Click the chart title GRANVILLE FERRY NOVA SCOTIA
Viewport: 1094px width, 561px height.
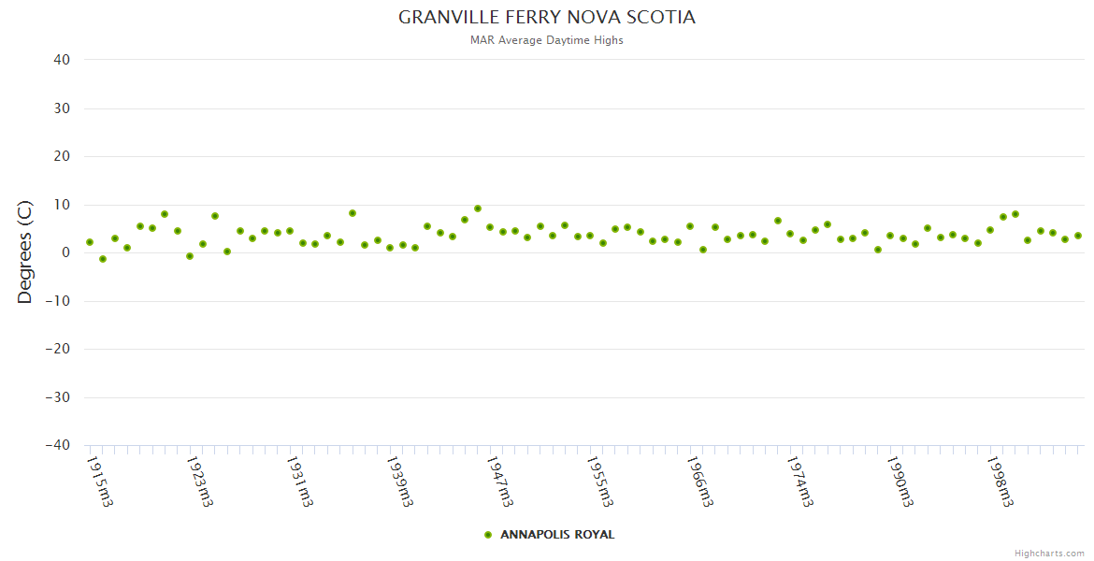point(547,18)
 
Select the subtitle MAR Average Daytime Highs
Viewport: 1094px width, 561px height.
point(547,40)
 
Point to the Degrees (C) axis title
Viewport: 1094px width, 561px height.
point(25,252)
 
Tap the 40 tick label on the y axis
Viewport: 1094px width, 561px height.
point(62,60)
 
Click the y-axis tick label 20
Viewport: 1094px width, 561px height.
point(62,156)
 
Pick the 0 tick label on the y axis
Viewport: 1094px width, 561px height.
point(66,252)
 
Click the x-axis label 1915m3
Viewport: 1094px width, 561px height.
point(100,481)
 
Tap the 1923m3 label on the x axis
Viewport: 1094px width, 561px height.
point(200,481)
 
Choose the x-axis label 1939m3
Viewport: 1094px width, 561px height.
point(400,481)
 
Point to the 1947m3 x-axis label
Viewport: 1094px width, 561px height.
point(500,481)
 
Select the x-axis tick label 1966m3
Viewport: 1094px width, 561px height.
point(700,481)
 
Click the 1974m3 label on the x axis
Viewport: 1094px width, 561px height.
point(800,481)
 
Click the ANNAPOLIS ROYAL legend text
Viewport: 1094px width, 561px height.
point(557,535)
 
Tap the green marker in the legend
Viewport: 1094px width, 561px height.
point(488,535)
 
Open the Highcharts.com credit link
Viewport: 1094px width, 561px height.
point(1049,554)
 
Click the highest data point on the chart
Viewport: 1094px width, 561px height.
point(478,209)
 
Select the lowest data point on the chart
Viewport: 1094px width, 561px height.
point(103,259)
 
